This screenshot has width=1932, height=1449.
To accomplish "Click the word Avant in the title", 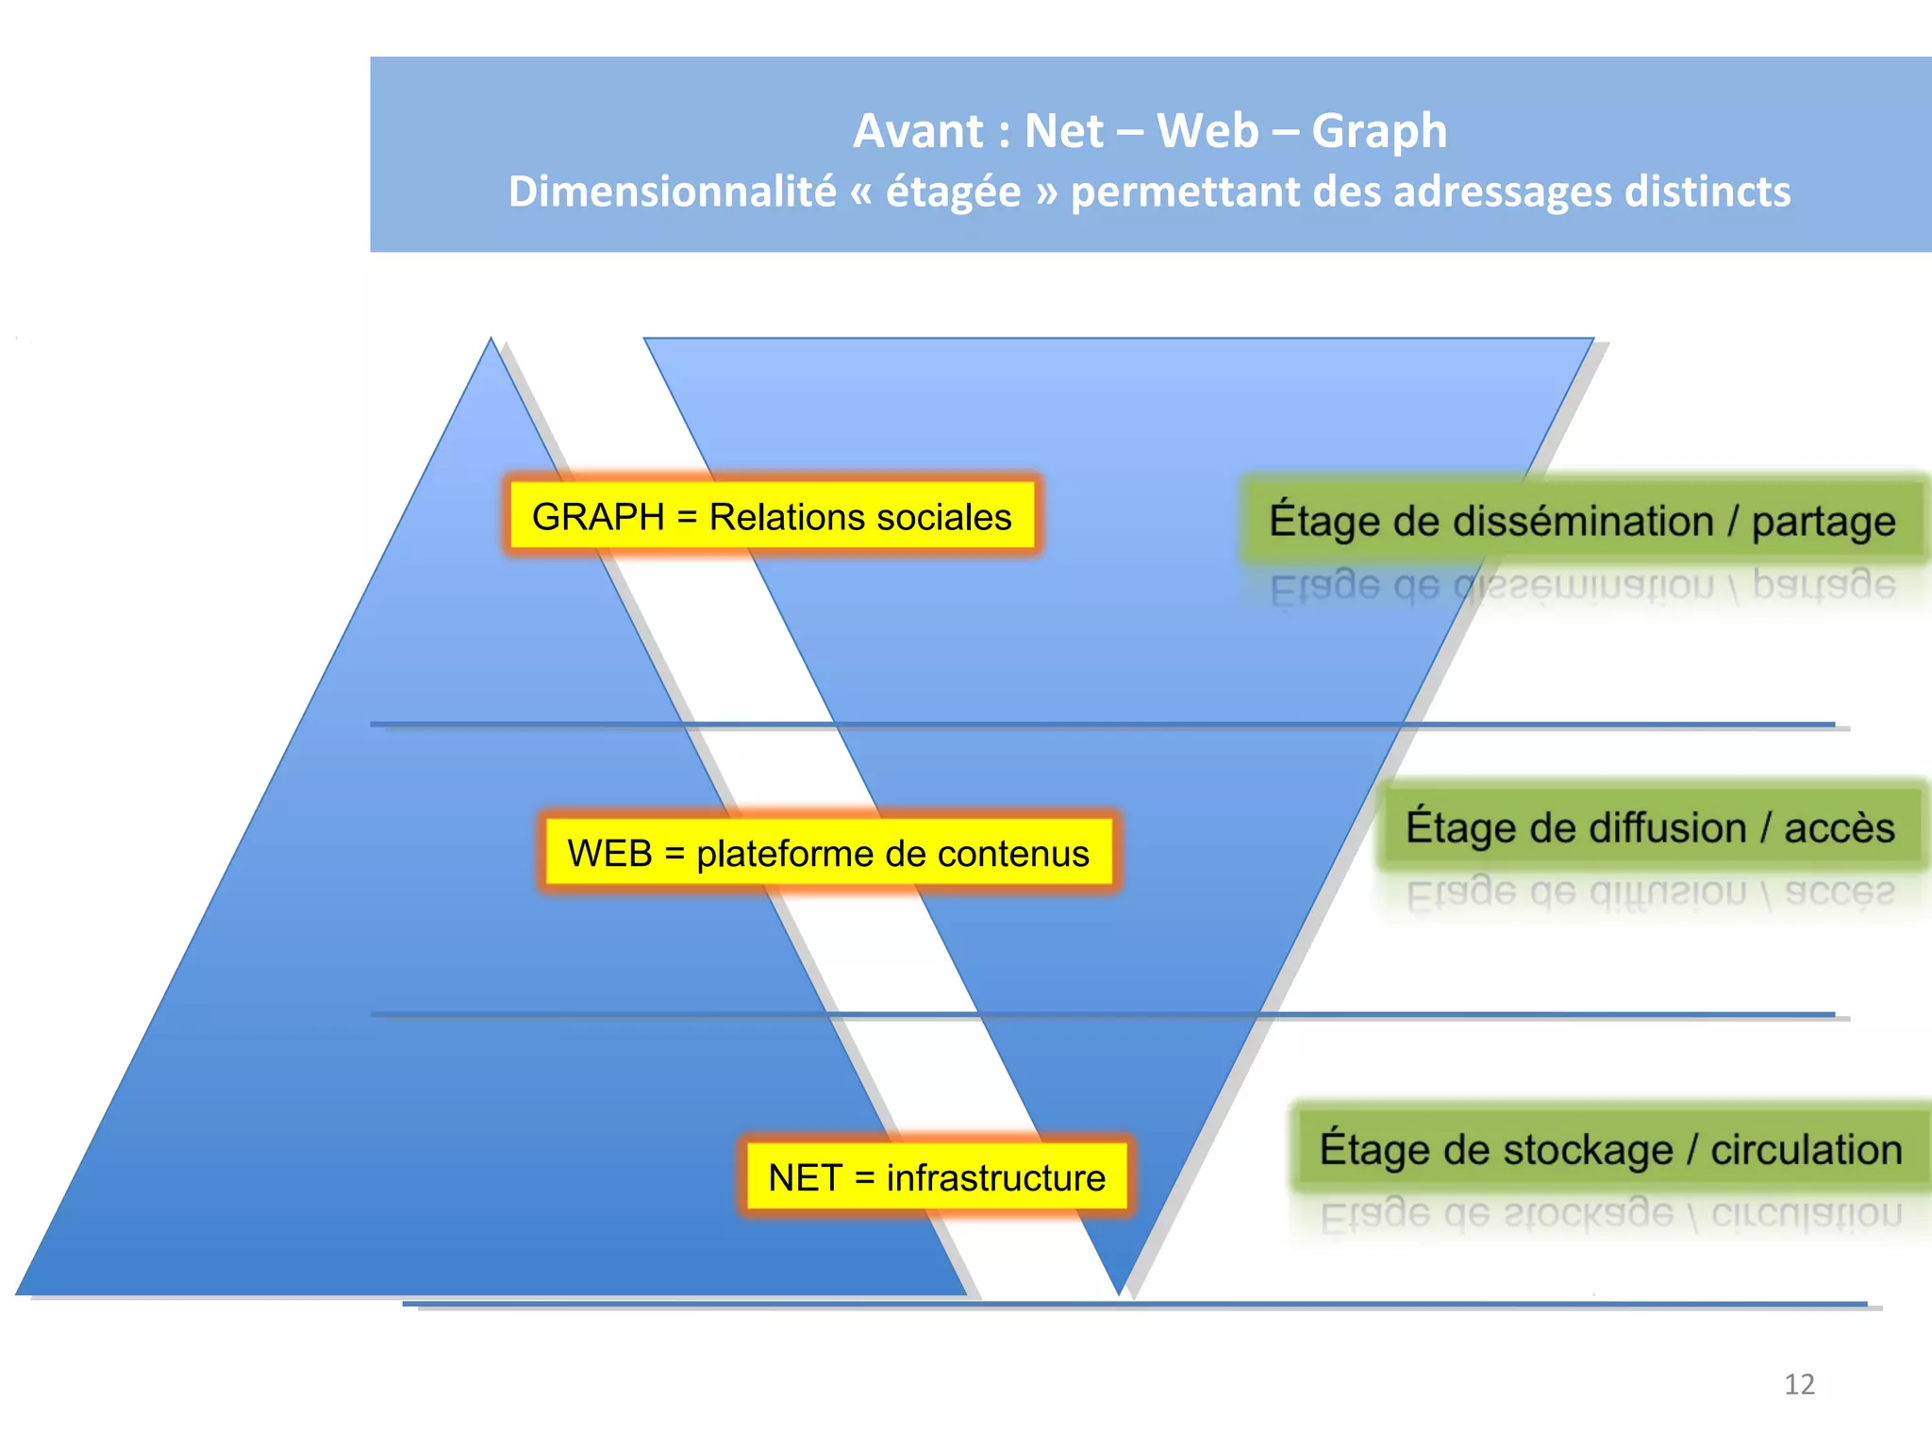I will (917, 131).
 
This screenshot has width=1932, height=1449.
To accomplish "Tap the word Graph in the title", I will (1378, 131).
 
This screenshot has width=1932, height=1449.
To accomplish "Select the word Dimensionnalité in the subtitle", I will (672, 192).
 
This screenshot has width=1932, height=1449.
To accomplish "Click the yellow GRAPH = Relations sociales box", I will (772, 516).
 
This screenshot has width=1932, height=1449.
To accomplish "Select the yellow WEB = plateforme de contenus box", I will (828, 853).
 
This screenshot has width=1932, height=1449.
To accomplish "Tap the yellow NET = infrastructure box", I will (936, 1177).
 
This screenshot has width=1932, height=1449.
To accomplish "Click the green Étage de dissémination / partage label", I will (1581, 521).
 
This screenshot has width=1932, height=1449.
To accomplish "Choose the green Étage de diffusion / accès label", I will (1649, 827).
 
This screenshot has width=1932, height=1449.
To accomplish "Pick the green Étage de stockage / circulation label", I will (1609, 1149).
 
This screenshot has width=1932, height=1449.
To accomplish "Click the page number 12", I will (1799, 1384).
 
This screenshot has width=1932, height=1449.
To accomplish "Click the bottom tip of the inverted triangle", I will (1119, 1291).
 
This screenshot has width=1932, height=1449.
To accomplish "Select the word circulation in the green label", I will (1806, 1150).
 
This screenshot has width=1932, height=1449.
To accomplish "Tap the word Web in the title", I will (1207, 131).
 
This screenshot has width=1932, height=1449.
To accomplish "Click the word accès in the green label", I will (1839, 828).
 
